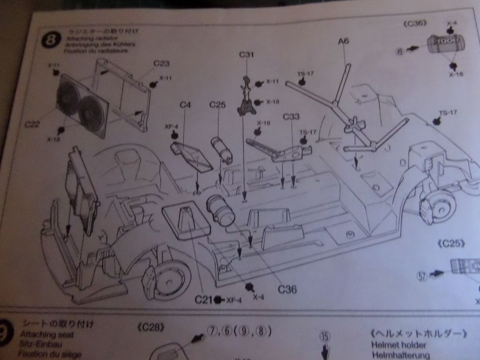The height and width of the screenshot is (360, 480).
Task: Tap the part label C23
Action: click(161, 63)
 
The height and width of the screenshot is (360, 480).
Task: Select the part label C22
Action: click(32, 124)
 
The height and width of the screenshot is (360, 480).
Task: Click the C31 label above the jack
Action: click(246, 55)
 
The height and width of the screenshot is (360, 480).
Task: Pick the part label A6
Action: click(344, 41)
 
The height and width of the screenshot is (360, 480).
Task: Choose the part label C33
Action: click(291, 116)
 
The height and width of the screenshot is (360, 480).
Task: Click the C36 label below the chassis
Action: click(287, 289)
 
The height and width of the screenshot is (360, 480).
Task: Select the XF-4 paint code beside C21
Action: click(233, 300)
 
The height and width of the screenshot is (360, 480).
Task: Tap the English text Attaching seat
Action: click(47, 335)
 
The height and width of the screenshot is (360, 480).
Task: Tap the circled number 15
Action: click(325, 336)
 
